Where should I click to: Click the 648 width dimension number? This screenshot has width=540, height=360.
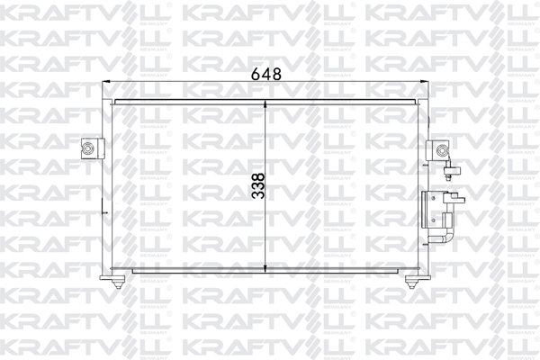pos(266,76)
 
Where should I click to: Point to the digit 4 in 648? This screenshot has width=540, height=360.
pos(266,76)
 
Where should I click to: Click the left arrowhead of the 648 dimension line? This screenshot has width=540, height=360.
pos(110,83)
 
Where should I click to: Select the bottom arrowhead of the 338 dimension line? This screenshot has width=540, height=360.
pos(267,269)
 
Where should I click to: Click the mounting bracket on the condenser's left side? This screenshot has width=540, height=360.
pos(91,149)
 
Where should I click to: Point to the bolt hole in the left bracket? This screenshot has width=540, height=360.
pos(89,149)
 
